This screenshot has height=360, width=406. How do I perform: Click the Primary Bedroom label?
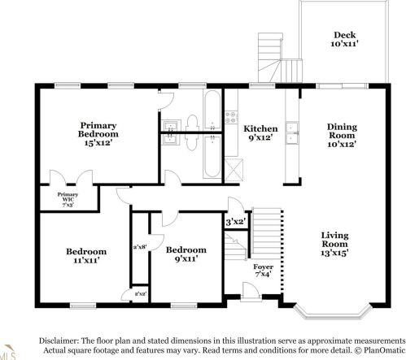click(98, 134)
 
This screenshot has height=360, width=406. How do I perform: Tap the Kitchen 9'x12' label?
click(261, 133)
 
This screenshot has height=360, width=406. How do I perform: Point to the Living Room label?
click(334, 243)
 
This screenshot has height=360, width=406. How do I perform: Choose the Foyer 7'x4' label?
click(263, 271)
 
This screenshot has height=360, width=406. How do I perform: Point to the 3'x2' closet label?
click(236, 220)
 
